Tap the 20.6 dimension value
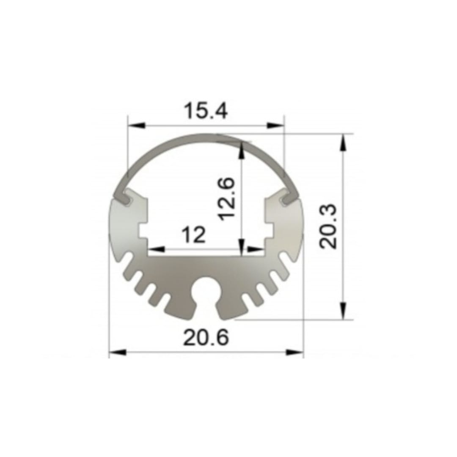point(206,337)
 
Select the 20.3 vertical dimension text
point(328,226)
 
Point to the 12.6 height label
point(226,198)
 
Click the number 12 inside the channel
point(193,234)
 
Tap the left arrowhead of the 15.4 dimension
point(137,126)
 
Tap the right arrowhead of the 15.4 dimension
point(275,126)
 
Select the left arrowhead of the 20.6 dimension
point(118,352)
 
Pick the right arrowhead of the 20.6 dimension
point(295,352)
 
